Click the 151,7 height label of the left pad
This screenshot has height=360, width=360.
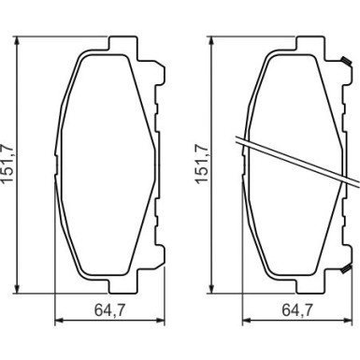coord(7,164)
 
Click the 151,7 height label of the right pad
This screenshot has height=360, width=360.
coord(202,164)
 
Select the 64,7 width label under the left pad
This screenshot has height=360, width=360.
coord(109,310)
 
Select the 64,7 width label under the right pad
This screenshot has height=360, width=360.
coord(297,310)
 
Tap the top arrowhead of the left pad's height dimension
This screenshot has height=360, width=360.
coord(18,41)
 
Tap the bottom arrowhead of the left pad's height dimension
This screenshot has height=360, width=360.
coord(18,288)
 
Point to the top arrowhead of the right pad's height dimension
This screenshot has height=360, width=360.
coord(212,41)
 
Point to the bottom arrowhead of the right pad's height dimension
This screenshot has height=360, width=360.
coord(212,288)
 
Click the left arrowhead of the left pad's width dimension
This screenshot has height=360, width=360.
coord(60,320)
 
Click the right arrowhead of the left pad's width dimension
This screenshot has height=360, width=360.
coord(160,320)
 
